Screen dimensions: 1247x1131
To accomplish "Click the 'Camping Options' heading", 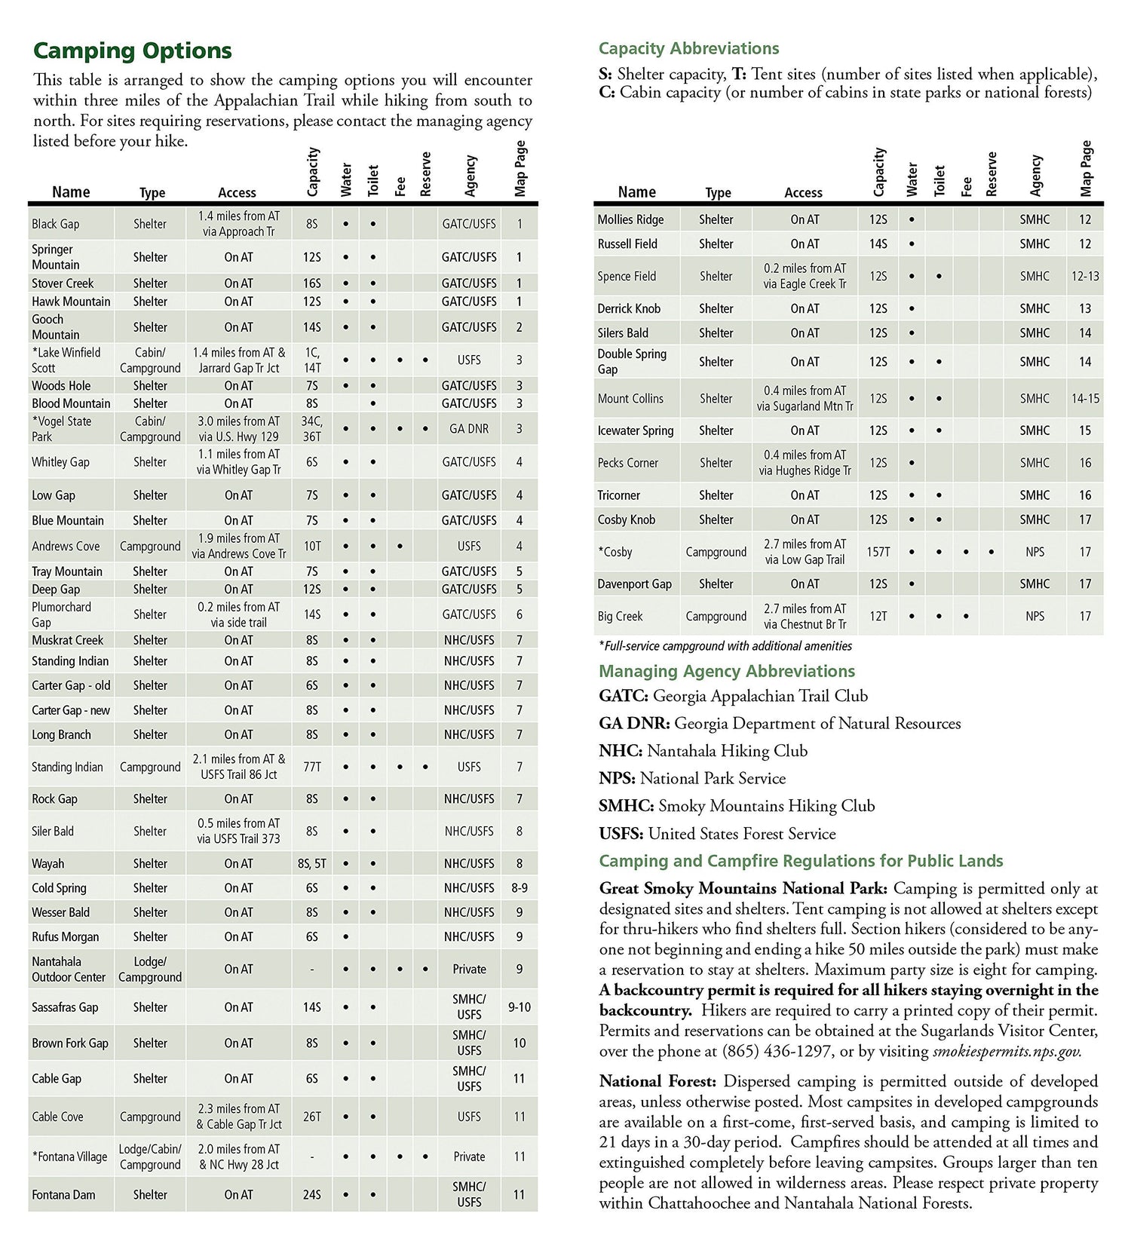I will [x=132, y=51].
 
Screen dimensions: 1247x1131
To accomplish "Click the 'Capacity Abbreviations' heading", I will [x=688, y=48].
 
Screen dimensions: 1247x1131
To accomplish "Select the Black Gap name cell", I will [x=56, y=224].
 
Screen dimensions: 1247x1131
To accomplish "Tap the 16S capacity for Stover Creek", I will [x=312, y=283].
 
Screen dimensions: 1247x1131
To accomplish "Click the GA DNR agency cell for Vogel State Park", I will [x=469, y=429].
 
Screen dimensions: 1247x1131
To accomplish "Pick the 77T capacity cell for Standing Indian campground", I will [x=312, y=767].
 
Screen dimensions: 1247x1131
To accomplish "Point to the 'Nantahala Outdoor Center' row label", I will [x=69, y=969].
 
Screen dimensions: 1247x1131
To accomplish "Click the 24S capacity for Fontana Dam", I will [x=312, y=1194].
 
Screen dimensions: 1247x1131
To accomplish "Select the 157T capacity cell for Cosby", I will [x=878, y=552].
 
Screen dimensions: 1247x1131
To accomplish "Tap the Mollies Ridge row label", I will [x=631, y=219].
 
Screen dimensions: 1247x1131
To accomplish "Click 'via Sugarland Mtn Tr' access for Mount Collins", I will [x=805, y=406].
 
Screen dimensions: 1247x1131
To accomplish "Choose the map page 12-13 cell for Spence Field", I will [x=1085, y=276].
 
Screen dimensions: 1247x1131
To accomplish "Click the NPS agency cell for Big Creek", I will [x=1035, y=616].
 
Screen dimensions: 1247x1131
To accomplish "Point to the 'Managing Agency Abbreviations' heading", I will [x=727, y=671].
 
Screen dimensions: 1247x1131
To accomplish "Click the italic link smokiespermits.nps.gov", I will [x=1007, y=1051].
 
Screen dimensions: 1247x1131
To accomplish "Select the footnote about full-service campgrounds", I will [x=725, y=646].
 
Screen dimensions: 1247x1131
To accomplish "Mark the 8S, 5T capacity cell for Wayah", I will [x=312, y=863].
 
